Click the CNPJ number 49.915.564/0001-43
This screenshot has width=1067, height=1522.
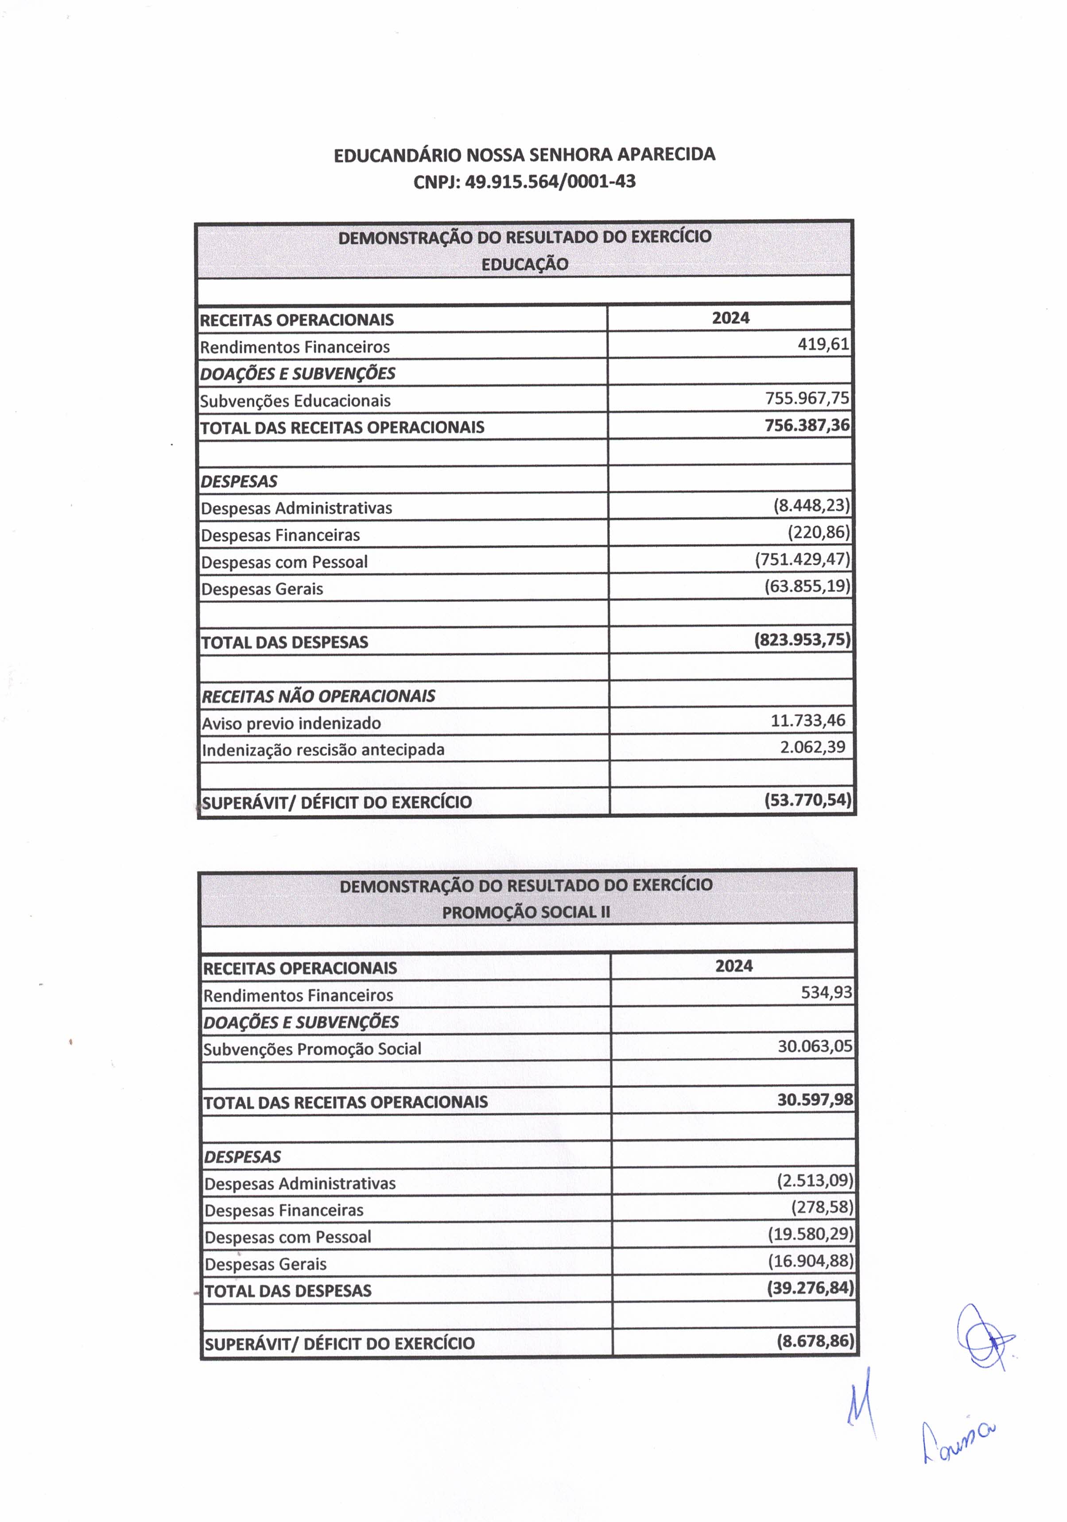point(550,182)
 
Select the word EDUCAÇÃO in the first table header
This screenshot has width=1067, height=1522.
point(524,264)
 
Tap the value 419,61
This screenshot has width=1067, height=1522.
point(823,344)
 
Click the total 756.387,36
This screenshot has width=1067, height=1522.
point(807,425)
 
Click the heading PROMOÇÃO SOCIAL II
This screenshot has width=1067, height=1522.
point(526,912)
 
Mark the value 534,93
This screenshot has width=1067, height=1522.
point(826,992)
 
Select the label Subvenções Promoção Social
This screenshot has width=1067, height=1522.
point(312,1049)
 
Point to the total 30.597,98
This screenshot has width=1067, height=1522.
point(815,1100)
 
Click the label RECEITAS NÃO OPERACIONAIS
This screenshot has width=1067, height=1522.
point(318,696)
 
